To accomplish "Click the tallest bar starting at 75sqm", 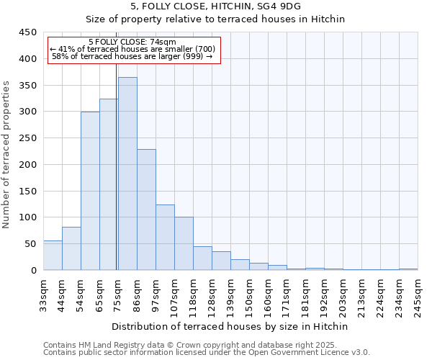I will [127, 174].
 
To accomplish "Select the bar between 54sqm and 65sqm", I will [90, 191].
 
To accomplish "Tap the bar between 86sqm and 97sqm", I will [146, 210].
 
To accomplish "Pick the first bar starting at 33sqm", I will [53, 256].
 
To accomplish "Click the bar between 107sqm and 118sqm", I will [184, 243].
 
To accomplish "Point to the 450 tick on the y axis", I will [28, 32].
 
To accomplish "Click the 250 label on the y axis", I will [28, 138].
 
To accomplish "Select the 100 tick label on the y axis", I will [28, 217].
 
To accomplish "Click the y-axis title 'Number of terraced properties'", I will [6, 155].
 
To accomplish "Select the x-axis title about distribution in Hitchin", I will [230, 326].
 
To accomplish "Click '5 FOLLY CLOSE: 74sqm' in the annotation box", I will [132, 42].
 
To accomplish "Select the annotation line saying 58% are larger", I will [132, 56].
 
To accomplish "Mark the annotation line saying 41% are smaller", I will [132, 49].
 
